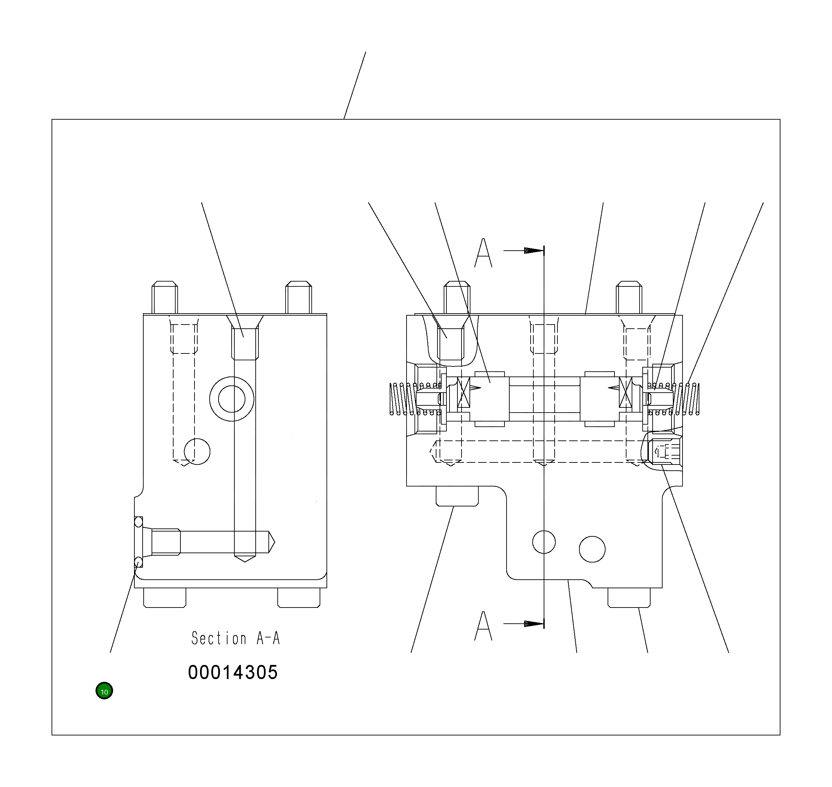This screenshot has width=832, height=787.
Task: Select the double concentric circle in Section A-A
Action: coord(232,399)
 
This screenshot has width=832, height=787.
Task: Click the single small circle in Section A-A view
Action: coord(197,452)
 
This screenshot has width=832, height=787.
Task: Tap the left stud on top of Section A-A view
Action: coord(165,298)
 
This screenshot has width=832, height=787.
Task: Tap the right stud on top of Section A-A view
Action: coord(299,298)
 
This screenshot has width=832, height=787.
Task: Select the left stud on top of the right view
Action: coord(457,298)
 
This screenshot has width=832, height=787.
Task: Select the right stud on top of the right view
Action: coord(629,298)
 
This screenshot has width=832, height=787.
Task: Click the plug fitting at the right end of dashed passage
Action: coord(665,452)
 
